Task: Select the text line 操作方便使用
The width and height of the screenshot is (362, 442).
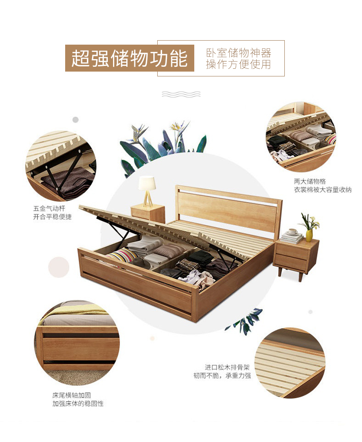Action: pos(239,64)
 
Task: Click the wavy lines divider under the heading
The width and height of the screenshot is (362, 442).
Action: pos(181,94)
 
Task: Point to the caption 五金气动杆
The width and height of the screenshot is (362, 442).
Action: pos(49,209)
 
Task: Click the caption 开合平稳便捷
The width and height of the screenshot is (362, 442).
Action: pos(52,217)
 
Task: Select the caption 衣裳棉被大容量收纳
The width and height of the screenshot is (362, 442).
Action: pos(322,189)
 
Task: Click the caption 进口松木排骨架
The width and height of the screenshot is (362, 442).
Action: pos(227,367)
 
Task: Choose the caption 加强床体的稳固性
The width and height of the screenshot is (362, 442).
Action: pos(78,403)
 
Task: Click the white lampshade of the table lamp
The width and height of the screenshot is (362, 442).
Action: pos(147,183)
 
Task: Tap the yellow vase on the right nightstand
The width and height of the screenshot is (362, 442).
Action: pos(309,235)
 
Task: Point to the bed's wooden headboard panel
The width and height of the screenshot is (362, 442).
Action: pos(227,211)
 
